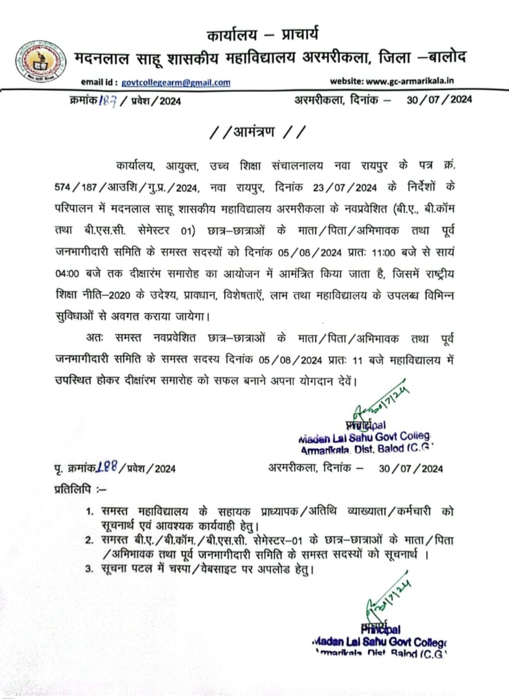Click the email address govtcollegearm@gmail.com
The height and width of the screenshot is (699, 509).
(x=176, y=82)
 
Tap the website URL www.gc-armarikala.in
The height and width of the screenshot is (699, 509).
(x=410, y=81)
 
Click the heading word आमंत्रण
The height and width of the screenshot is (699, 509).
(x=254, y=131)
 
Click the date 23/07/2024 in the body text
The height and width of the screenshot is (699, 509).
(x=345, y=188)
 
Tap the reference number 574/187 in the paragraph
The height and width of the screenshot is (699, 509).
(x=75, y=187)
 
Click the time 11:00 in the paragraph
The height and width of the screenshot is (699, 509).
(x=383, y=252)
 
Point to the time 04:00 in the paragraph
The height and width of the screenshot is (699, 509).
(x=67, y=274)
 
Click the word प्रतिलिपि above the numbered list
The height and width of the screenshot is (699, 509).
(x=73, y=490)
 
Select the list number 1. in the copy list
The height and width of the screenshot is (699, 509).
(x=90, y=512)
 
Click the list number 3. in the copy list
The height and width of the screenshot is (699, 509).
(x=90, y=569)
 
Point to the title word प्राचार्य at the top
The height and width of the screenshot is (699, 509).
(x=300, y=34)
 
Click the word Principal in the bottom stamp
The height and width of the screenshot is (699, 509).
(x=381, y=629)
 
